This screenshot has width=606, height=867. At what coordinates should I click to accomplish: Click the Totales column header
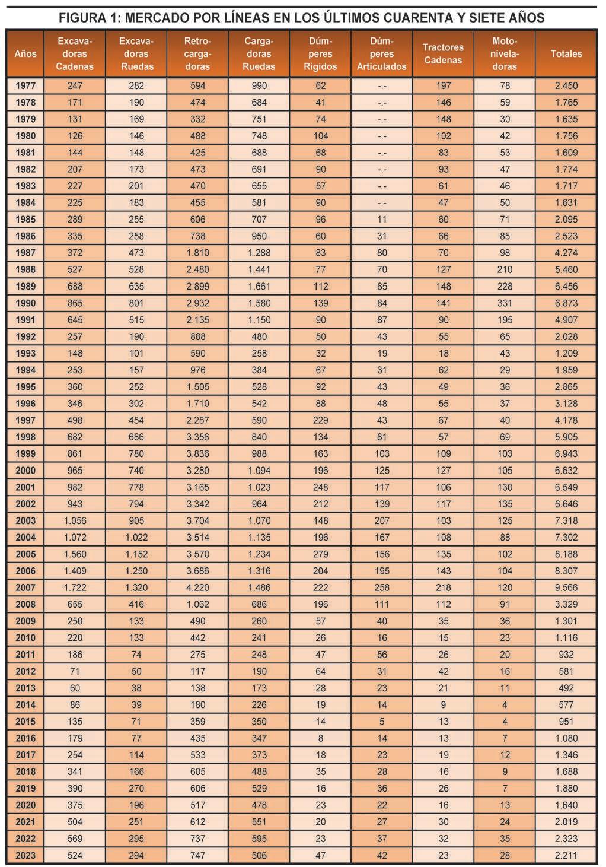coord(566,53)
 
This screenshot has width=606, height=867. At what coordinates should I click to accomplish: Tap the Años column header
coord(25,53)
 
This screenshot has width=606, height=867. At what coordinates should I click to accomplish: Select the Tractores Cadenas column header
coord(443,53)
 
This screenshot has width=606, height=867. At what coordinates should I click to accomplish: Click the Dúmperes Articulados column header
coord(381,53)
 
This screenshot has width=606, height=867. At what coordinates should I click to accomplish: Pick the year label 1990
coord(25,303)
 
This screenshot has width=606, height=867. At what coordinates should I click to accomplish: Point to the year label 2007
coord(25,587)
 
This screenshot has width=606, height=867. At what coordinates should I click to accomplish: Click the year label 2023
coord(25,855)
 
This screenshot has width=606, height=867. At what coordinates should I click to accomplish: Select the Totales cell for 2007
coord(566,587)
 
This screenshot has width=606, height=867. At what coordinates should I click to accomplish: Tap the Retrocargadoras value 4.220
coord(197,587)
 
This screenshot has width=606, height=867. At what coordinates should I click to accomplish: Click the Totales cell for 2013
coord(566,688)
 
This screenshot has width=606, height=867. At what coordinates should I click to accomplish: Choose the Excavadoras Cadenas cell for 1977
coord(75,85)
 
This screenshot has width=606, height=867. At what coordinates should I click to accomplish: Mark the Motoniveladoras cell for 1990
coord(505,303)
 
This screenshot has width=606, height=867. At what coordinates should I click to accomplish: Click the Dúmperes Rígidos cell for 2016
coord(320,738)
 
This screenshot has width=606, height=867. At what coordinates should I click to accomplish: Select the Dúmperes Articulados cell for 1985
coord(382,219)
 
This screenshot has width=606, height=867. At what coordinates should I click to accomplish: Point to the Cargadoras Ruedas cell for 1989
coord(259,286)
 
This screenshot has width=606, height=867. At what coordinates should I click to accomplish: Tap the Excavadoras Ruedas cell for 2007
coord(136,587)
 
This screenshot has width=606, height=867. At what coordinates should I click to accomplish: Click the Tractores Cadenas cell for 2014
coord(443,705)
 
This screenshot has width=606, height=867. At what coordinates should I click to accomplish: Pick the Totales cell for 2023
coord(566,855)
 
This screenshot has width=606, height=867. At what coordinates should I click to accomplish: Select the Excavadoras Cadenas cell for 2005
coord(75,554)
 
